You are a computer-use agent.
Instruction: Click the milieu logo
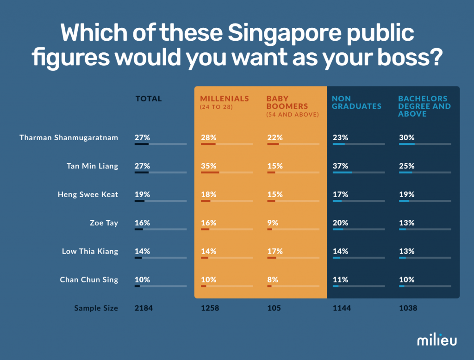437,340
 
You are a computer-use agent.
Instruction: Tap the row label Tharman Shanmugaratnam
69,137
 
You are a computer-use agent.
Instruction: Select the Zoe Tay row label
104,223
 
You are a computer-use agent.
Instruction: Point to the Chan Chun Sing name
89,279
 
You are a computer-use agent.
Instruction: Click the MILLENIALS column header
224,99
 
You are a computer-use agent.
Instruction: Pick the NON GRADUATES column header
356,102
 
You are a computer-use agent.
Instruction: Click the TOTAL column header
149,99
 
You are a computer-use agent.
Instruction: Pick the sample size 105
274,308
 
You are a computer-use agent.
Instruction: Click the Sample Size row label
96,308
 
